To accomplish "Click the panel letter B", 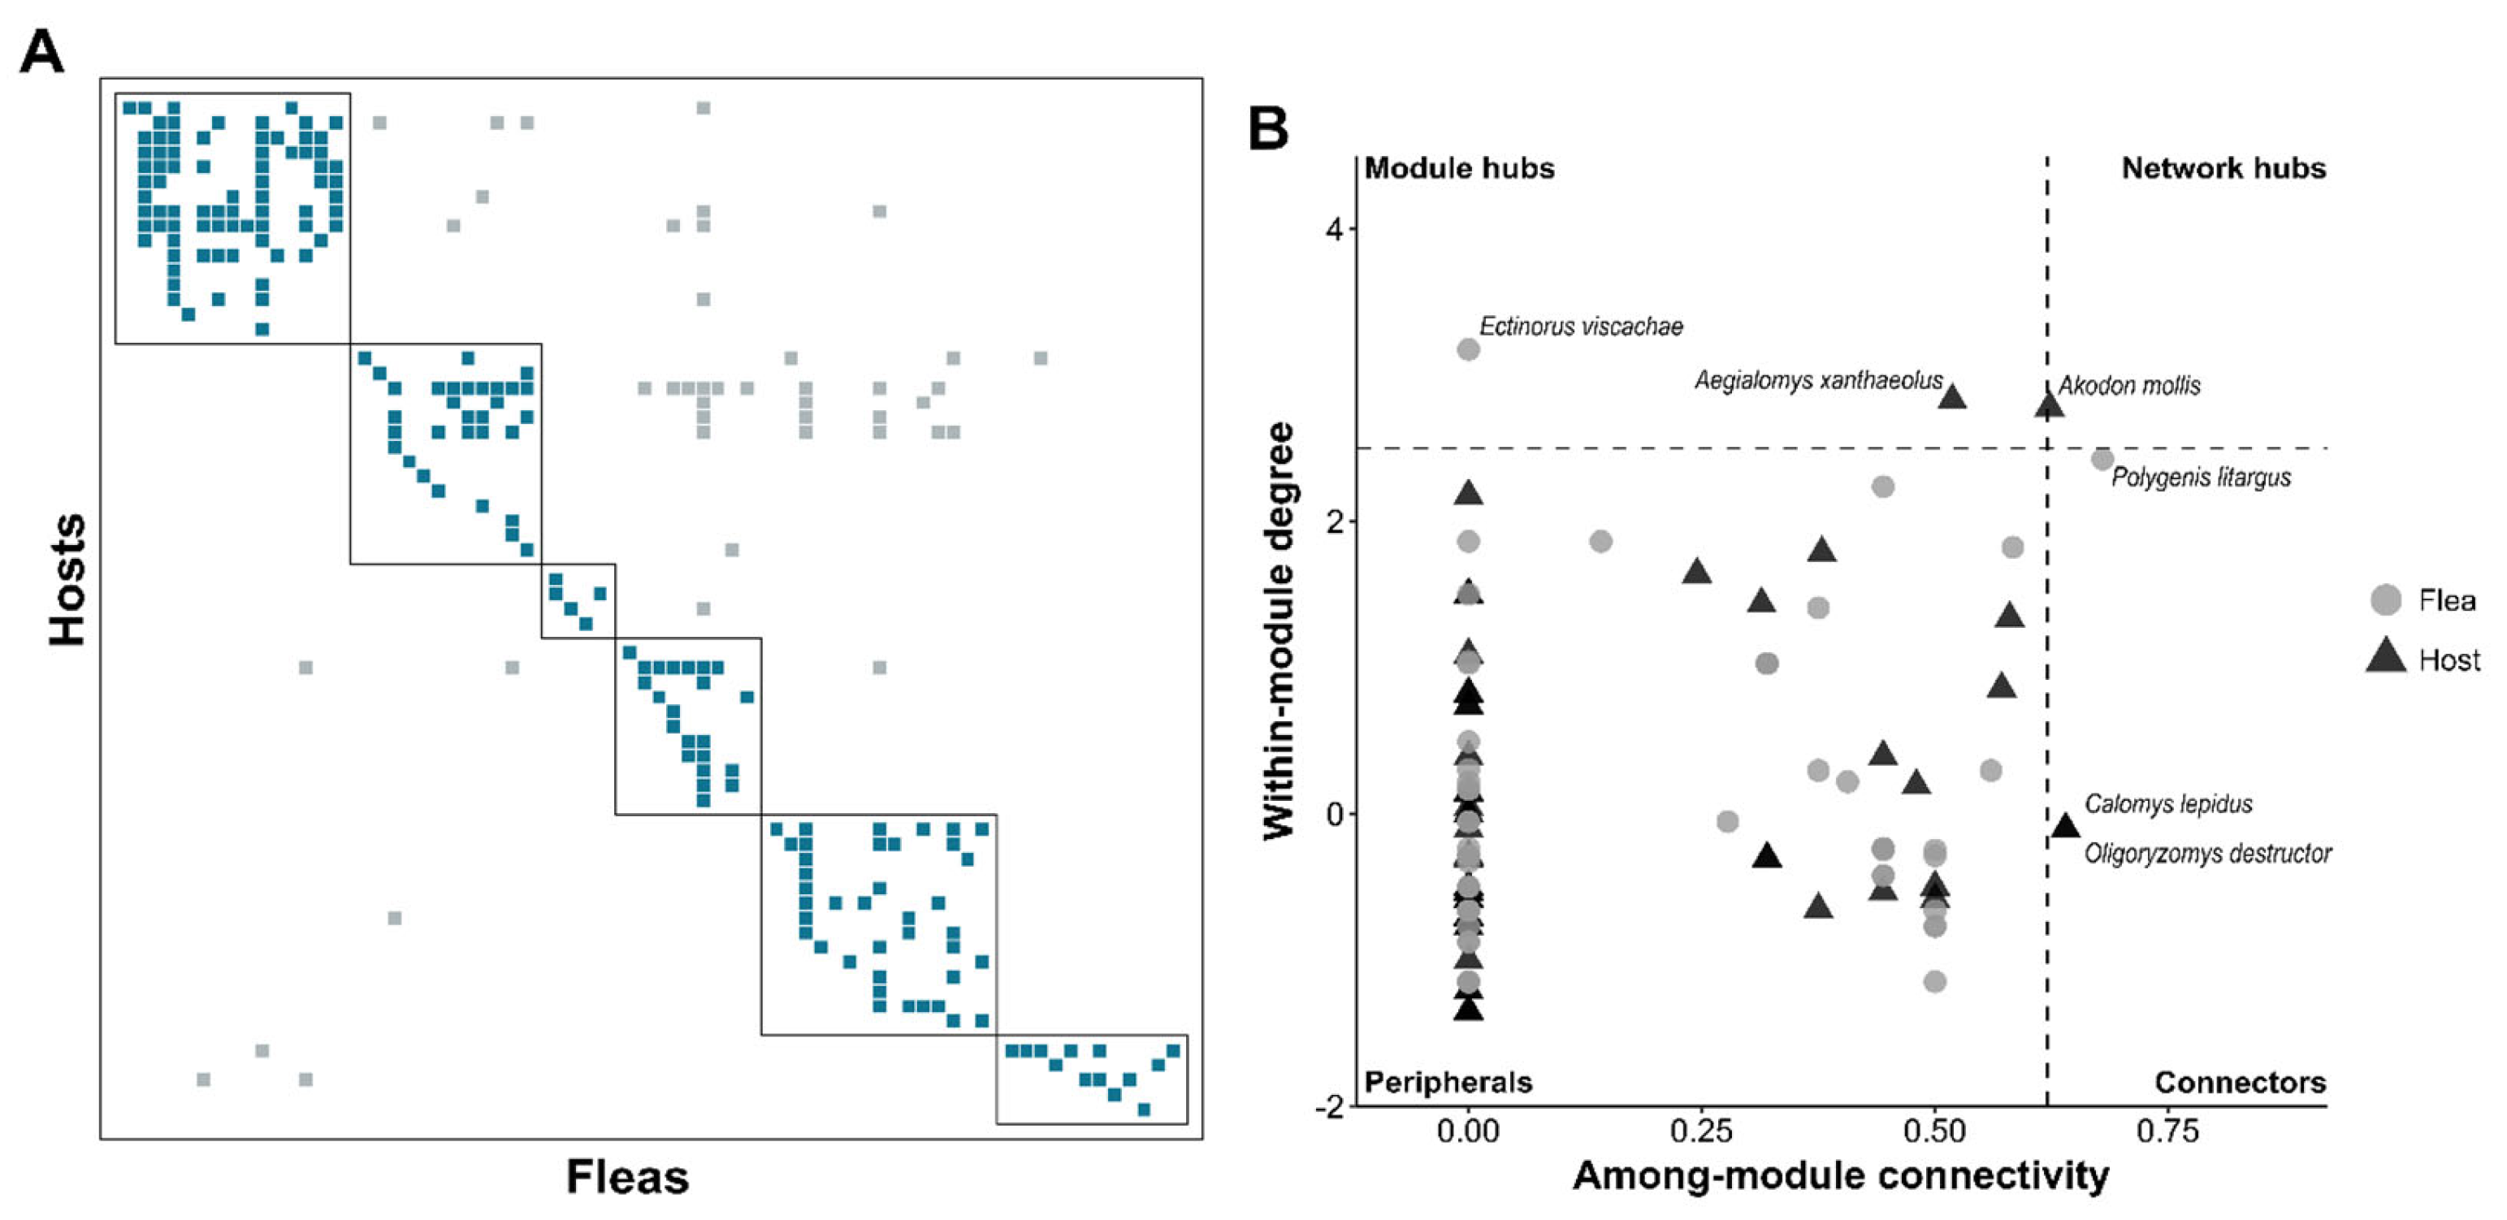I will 1268,128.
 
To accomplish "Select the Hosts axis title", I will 68,580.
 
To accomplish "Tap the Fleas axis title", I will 627,1177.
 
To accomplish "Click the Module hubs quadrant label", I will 1459,168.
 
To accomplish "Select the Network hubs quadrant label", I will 2223,168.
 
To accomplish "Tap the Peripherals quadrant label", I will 1448,1082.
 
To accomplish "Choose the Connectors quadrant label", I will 2240,1082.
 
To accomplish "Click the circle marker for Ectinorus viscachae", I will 1469,349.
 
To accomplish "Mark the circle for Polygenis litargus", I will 2102,459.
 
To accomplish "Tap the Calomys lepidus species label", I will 2168,805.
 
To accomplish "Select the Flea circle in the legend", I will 2385,600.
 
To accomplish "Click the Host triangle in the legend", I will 2385,659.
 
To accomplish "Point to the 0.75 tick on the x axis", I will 2167,1131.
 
